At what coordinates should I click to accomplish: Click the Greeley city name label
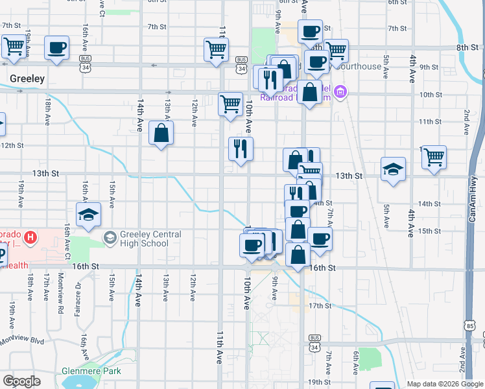27,78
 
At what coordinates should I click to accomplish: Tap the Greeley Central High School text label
144,239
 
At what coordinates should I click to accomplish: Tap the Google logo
21,381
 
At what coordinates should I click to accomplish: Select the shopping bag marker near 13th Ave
161,134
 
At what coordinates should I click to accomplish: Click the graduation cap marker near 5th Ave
393,169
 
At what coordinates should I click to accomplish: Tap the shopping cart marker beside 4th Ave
434,158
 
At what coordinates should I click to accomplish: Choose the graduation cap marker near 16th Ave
88,215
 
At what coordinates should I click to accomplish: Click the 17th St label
320,305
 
